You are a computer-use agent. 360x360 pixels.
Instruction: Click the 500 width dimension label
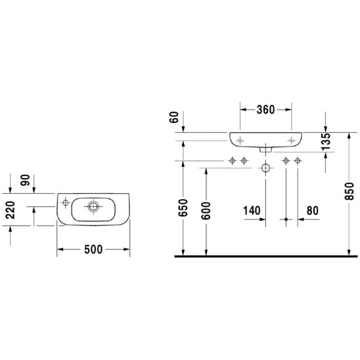pos(93,250)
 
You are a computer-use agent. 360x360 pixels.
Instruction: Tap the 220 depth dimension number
pos(11,210)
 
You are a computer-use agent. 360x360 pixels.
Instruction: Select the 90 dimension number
pos(25,180)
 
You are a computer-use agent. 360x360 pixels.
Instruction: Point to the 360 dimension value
pos(265,110)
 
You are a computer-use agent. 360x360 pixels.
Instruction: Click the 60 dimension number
pos(174,117)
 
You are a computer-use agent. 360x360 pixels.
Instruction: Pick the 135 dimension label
pos(326,142)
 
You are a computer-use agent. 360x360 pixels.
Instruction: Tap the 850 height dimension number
pos(349,191)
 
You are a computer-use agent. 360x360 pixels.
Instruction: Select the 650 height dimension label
pos(183,208)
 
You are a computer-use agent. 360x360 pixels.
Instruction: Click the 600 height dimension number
pos(206,211)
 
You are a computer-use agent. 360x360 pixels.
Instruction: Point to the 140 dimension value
pos(252,210)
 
